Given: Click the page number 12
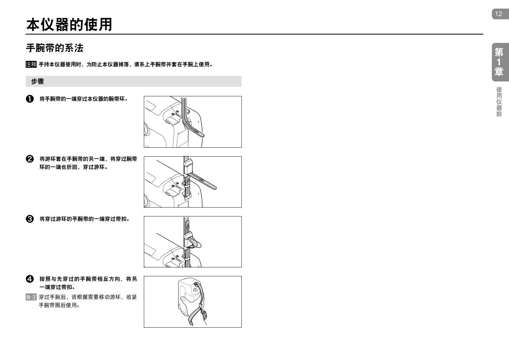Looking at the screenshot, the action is point(498,14).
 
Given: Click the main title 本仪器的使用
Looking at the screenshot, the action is point(69,25).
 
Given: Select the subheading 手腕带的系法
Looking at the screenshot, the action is point(55,48).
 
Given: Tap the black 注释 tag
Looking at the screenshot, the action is point(31,65).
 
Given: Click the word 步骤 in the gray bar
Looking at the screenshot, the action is point(37,81).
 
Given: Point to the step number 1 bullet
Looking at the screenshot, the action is point(30,99).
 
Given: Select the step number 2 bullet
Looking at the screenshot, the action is point(30,159).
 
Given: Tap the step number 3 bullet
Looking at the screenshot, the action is point(30,219).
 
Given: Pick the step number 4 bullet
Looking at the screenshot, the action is point(30,279).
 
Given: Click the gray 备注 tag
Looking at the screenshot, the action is point(31,297).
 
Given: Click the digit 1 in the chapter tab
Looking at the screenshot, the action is point(498,62).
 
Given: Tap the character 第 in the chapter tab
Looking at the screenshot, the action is point(499,52).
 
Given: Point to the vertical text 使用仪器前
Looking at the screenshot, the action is point(499,101).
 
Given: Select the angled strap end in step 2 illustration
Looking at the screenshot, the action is point(203,181).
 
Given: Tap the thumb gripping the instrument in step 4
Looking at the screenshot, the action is point(184,301).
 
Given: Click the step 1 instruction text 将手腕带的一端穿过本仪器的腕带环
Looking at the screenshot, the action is point(84,99).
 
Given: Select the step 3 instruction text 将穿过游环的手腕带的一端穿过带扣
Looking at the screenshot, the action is point(84,219).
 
